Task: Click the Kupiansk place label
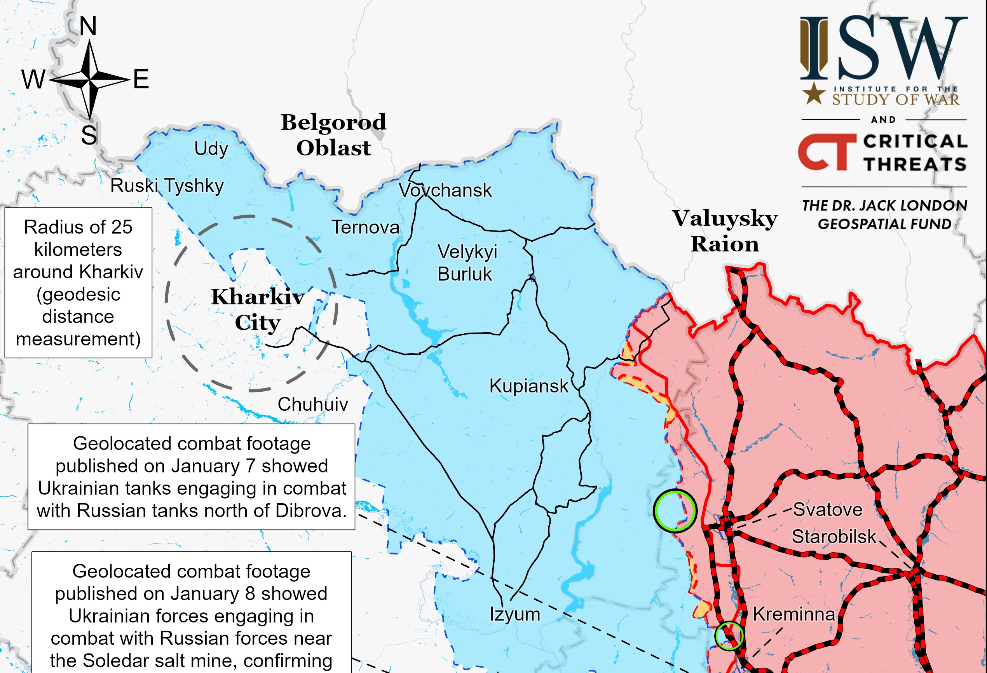[x=528, y=386]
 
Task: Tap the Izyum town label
[x=515, y=614]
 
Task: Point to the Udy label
[x=211, y=148]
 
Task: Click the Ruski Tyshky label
[x=167, y=186]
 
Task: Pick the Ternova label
[x=365, y=227]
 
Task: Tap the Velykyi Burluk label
[x=466, y=263]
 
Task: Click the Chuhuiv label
[x=312, y=404]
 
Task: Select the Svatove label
[x=828, y=509]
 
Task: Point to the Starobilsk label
[x=834, y=537]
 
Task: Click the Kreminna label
[x=794, y=614]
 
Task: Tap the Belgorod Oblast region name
[x=333, y=134]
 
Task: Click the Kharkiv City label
[x=257, y=309]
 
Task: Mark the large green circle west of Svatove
[x=675, y=511]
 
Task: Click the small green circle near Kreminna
[x=729, y=636]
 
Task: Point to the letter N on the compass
[x=88, y=26]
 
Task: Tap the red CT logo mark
[x=827, y=152]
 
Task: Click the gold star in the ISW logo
[x=813, y=94]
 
